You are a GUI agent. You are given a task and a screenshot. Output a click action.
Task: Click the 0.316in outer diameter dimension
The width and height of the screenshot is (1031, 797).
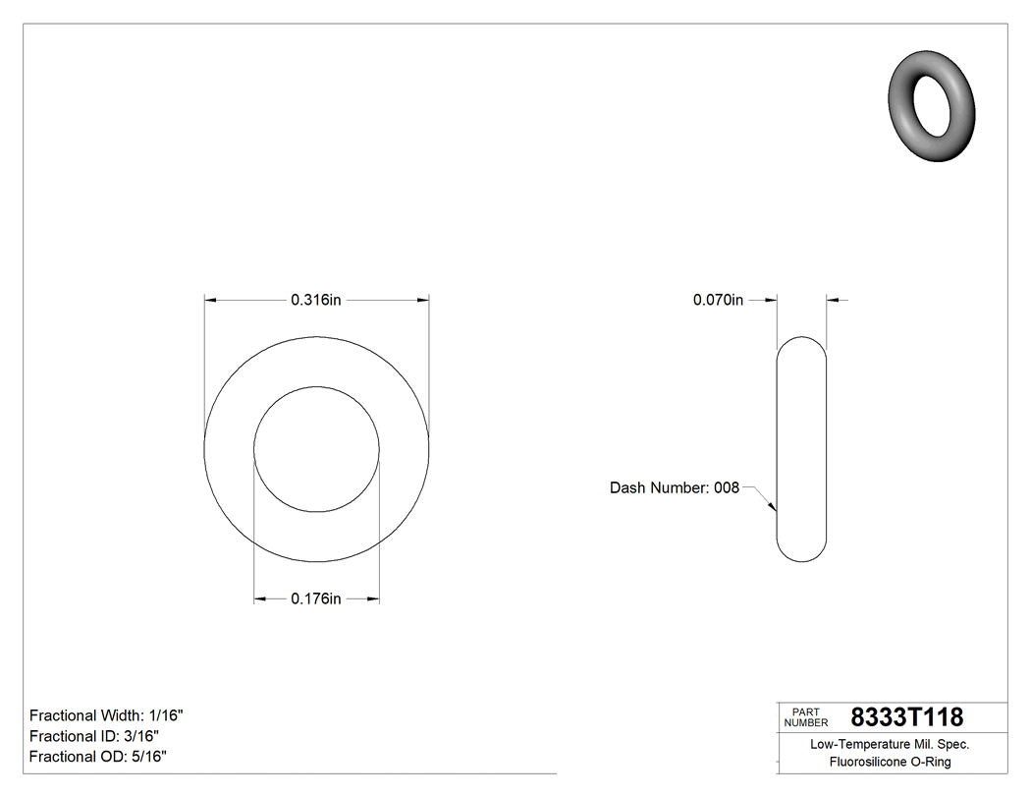tap(315, 301)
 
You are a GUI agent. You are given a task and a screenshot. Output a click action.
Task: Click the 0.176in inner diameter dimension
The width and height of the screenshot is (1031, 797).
tap(315, 598)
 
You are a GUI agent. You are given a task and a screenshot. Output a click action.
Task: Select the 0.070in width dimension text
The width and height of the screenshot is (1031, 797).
tap(719, 301)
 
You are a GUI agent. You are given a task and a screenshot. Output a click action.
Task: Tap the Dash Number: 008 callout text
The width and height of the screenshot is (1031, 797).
tap(674, 487)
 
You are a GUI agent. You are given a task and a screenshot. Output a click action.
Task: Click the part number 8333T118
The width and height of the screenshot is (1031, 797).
tap(906, 717)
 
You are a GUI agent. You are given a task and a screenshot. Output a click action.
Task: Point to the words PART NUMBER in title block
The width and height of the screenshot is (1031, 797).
tap(805, 717)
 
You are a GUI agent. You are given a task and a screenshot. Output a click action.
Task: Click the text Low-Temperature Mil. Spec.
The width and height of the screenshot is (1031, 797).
tap(890, 745)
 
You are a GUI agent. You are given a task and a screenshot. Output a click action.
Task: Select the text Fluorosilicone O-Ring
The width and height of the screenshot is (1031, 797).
tap(890, 762)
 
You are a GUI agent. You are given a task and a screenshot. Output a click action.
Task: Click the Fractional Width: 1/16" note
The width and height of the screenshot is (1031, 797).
tap(106, 715)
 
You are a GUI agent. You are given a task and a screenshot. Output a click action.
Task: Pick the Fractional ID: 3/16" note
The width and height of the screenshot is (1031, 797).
tap(94, 736)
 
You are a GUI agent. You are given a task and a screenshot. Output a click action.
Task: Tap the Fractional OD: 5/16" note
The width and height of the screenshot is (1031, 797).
tap(97, 757)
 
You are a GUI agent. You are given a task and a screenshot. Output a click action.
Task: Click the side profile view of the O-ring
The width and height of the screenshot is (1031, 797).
tap(801, 449)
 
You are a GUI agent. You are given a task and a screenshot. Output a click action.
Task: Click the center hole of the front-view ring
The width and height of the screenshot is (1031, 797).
tap(316, 449)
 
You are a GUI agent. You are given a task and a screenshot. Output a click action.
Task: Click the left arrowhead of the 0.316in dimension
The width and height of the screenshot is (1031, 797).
tap(209, 301)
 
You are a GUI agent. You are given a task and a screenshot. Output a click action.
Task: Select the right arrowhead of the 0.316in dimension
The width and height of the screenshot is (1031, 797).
tap(424, 301)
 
